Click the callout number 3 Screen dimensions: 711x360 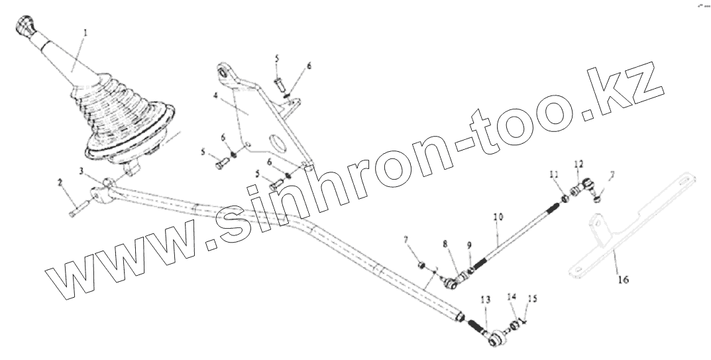click(x=82, y=172)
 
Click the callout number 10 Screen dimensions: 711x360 click(x=498, y=217)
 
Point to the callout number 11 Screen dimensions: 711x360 click(x=554, y=174)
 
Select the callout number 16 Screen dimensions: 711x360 click(x=622, y=279)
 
